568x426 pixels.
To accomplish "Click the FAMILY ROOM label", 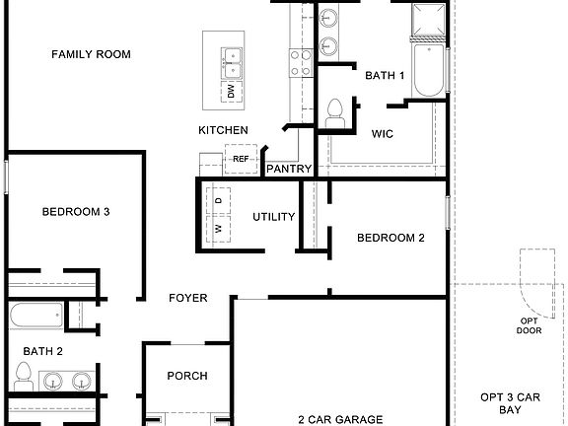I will click(x=91, y=55).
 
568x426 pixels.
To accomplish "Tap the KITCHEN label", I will click(x=223, y=130).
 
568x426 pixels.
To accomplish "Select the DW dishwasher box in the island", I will click(x=231, y=92).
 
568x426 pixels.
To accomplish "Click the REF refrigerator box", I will click(x=240, y=158).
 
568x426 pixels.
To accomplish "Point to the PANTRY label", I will click(x=290, y=170).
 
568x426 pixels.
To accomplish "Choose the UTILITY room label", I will click(x=273, y=217).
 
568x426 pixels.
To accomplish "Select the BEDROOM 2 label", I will click(x=390, y=238).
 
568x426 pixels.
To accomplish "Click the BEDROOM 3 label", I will click(x=75, y=211).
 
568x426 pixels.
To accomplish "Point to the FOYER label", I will click(x=187, y=298).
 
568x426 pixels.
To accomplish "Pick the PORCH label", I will click(x=186, y=376).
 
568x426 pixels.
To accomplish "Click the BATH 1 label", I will click(x=385, y=75).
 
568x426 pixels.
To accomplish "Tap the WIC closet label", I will click(x=384, y=133).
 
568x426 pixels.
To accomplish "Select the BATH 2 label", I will click(x=43, y=350).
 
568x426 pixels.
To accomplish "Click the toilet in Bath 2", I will click(x=24, y=375).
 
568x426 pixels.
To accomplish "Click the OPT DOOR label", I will click(x=530, y=325).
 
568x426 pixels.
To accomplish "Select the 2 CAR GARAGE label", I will click(x=341, y=419).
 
